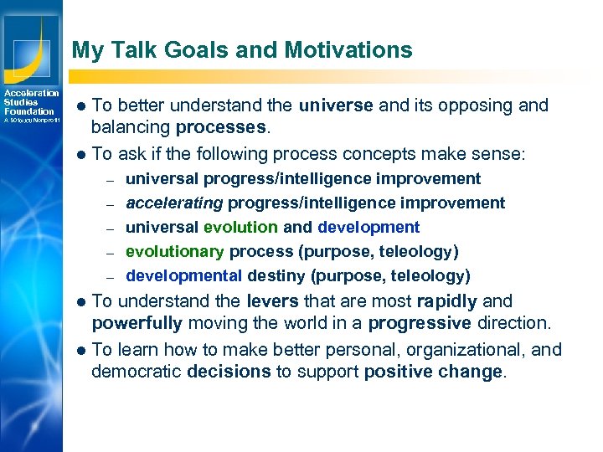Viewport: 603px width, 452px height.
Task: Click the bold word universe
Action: [x=335, y=105]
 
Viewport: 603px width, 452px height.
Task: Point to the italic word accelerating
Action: [x=174, y=203]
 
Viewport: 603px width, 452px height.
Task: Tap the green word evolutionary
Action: [x=175, y=251]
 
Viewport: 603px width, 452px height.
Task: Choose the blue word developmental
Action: [x=183, y=275]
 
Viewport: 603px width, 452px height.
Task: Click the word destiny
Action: [x=278, y=275]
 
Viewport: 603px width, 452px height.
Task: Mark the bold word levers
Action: [x=274, y=301]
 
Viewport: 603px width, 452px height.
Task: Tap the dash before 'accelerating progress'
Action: [x=109, y=203]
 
